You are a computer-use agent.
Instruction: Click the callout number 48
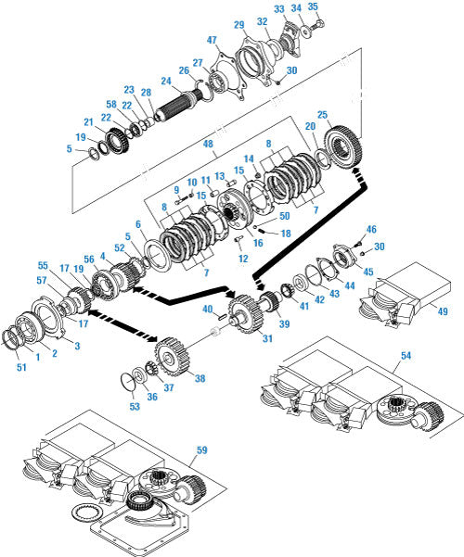(208, 144)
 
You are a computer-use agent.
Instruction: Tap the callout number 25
(322, 115)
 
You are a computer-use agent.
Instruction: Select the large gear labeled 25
(343, 146)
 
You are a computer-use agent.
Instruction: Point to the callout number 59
(201, 450)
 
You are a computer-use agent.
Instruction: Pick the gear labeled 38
(172, 356)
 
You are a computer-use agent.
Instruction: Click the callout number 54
(406, 355)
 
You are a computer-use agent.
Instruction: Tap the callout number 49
(442, 311)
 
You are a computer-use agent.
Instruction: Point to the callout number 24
(166, 81)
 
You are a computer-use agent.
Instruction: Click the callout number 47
(212, 40)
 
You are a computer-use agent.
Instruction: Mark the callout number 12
(243, 259)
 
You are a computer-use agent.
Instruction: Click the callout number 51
(21, 367)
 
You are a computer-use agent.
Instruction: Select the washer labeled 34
(305, 31)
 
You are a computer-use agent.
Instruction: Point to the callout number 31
(267, 338)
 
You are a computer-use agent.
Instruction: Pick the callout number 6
(138, 224)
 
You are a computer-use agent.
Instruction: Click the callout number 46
(371, 229)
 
